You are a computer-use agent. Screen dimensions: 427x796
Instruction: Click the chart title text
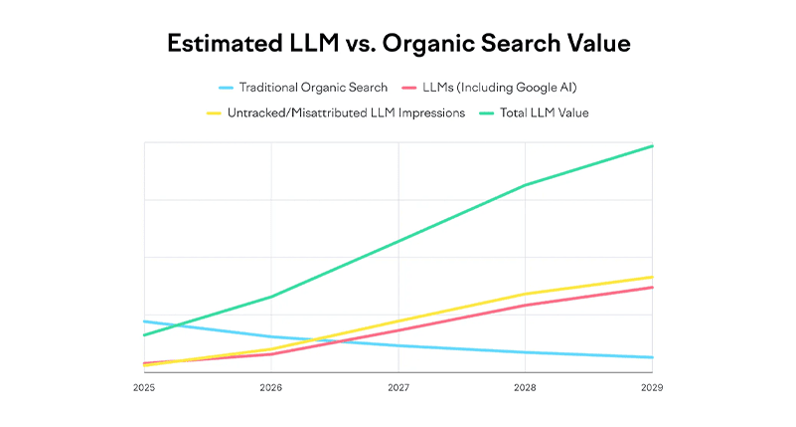[x=398, y=45]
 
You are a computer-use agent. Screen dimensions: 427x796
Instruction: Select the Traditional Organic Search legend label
[x=313, y=88]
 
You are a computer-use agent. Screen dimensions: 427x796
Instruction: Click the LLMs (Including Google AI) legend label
[x=501, y=88]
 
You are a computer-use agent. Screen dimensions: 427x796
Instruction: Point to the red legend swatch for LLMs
[x=409, y=88]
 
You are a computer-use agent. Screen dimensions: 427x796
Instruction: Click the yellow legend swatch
[x=213, y=113]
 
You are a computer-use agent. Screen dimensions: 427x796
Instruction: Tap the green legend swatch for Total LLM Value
[x=490, y=113]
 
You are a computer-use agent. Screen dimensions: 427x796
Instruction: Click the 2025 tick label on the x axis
[x=144, y=387]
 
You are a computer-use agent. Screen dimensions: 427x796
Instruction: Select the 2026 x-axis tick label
[x=271, y=387]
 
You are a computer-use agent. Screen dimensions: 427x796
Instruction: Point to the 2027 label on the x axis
[x=398, y=387]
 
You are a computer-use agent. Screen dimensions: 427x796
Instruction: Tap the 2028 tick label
[x=526, y=387]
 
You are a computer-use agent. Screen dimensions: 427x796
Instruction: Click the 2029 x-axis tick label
[x=652, y=387]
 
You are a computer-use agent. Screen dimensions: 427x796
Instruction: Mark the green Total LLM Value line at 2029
[x=652, y=146]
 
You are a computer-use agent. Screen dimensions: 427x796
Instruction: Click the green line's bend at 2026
[x=271, y=297]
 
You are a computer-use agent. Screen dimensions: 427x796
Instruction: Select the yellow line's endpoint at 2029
[x=652, y=277]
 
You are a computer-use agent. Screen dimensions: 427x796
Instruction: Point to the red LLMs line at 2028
[x=526, y=306]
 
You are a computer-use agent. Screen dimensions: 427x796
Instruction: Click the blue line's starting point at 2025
[x=145, y=321]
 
